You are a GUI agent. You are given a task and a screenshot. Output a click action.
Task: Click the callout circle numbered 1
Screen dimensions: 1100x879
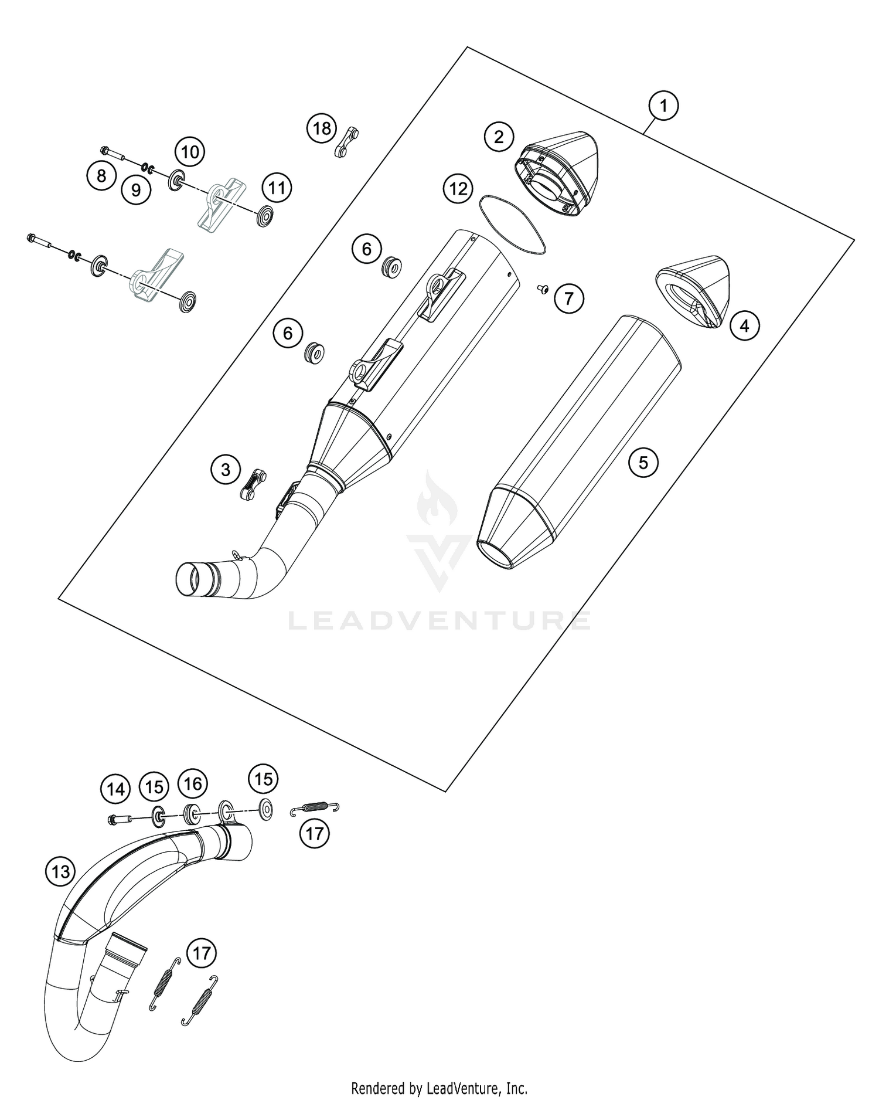click(x=663, y=106)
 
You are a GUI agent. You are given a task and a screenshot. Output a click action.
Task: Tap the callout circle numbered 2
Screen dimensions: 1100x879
click(x=498, y=137)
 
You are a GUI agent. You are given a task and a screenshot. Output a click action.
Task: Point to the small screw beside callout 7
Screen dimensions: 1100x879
click(x=543, y=288)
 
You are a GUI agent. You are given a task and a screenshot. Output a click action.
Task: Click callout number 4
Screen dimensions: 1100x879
click(x=744, y=325)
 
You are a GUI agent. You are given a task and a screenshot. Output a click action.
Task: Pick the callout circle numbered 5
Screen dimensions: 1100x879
click(x=643, y=463)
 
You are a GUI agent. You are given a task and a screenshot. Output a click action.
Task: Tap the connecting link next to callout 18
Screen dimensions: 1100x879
click(x=346, y=142)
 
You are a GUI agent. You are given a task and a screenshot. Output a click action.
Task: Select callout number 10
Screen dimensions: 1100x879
click(x=189, y=152)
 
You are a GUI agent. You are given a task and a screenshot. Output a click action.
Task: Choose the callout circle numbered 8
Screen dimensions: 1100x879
click(x=101, y=175)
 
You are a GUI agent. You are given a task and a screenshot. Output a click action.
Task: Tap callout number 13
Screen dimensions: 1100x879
click(x=60, y=871)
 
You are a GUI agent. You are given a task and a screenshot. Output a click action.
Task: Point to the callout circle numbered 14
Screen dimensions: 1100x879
click(x=115, y=789)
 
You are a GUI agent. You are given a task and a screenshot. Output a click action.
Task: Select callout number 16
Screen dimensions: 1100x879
click(x=193, y=783)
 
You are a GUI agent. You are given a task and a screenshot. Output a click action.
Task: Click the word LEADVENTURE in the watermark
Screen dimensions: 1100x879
click(x=439, y=620)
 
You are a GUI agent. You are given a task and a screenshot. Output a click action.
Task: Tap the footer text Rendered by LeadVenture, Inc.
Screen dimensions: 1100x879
click(x=439, y=1089)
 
